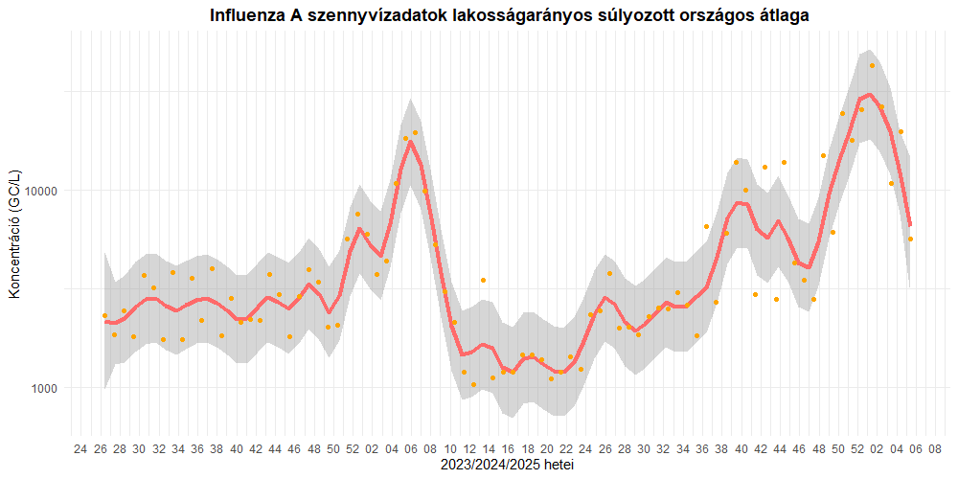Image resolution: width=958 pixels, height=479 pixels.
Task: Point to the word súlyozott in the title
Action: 625,16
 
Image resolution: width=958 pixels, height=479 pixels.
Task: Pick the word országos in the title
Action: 710,16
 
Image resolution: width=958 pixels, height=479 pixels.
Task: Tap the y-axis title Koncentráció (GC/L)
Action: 14,234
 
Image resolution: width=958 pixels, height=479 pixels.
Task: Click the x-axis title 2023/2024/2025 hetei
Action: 508,465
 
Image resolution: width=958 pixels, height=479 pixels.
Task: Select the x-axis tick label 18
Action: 527,448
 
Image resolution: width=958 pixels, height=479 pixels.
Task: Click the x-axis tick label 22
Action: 566,448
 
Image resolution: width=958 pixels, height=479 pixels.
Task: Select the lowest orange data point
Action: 473,385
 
